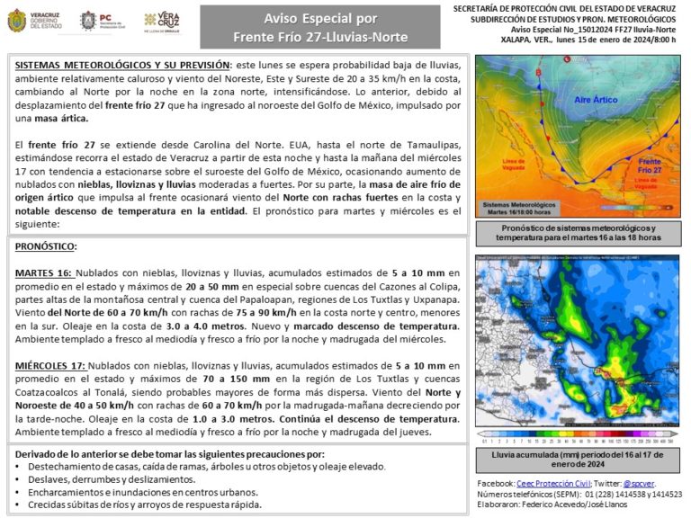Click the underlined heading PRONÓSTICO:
46,246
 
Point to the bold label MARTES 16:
44,272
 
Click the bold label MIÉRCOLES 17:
51,366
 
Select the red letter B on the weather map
540,72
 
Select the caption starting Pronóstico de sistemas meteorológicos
577,233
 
